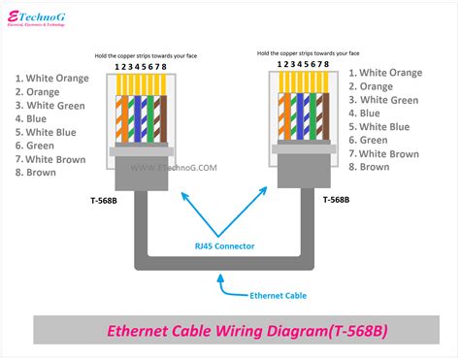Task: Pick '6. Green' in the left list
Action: click(x=38, y=145)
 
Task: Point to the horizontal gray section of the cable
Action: click(x=223, y=262)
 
